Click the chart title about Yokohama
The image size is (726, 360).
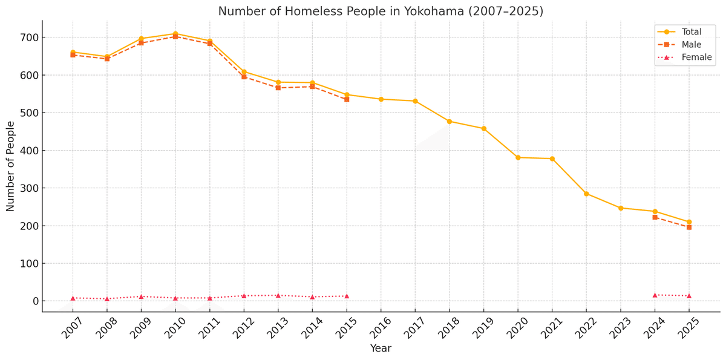381,11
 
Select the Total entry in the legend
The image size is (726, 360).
692,31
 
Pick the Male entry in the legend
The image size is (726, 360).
692,45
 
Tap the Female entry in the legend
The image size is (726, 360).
696,57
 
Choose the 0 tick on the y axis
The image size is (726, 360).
34,301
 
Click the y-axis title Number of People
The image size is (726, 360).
11,166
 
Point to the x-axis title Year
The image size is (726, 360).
381,349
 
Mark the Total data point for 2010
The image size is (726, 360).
175,34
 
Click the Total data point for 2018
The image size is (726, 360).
450,122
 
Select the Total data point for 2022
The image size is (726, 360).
586,194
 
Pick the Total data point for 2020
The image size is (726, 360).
518,157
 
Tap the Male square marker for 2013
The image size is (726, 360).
278,88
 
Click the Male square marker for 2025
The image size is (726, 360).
689,227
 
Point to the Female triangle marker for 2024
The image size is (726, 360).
655,295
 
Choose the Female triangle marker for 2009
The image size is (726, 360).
141,296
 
